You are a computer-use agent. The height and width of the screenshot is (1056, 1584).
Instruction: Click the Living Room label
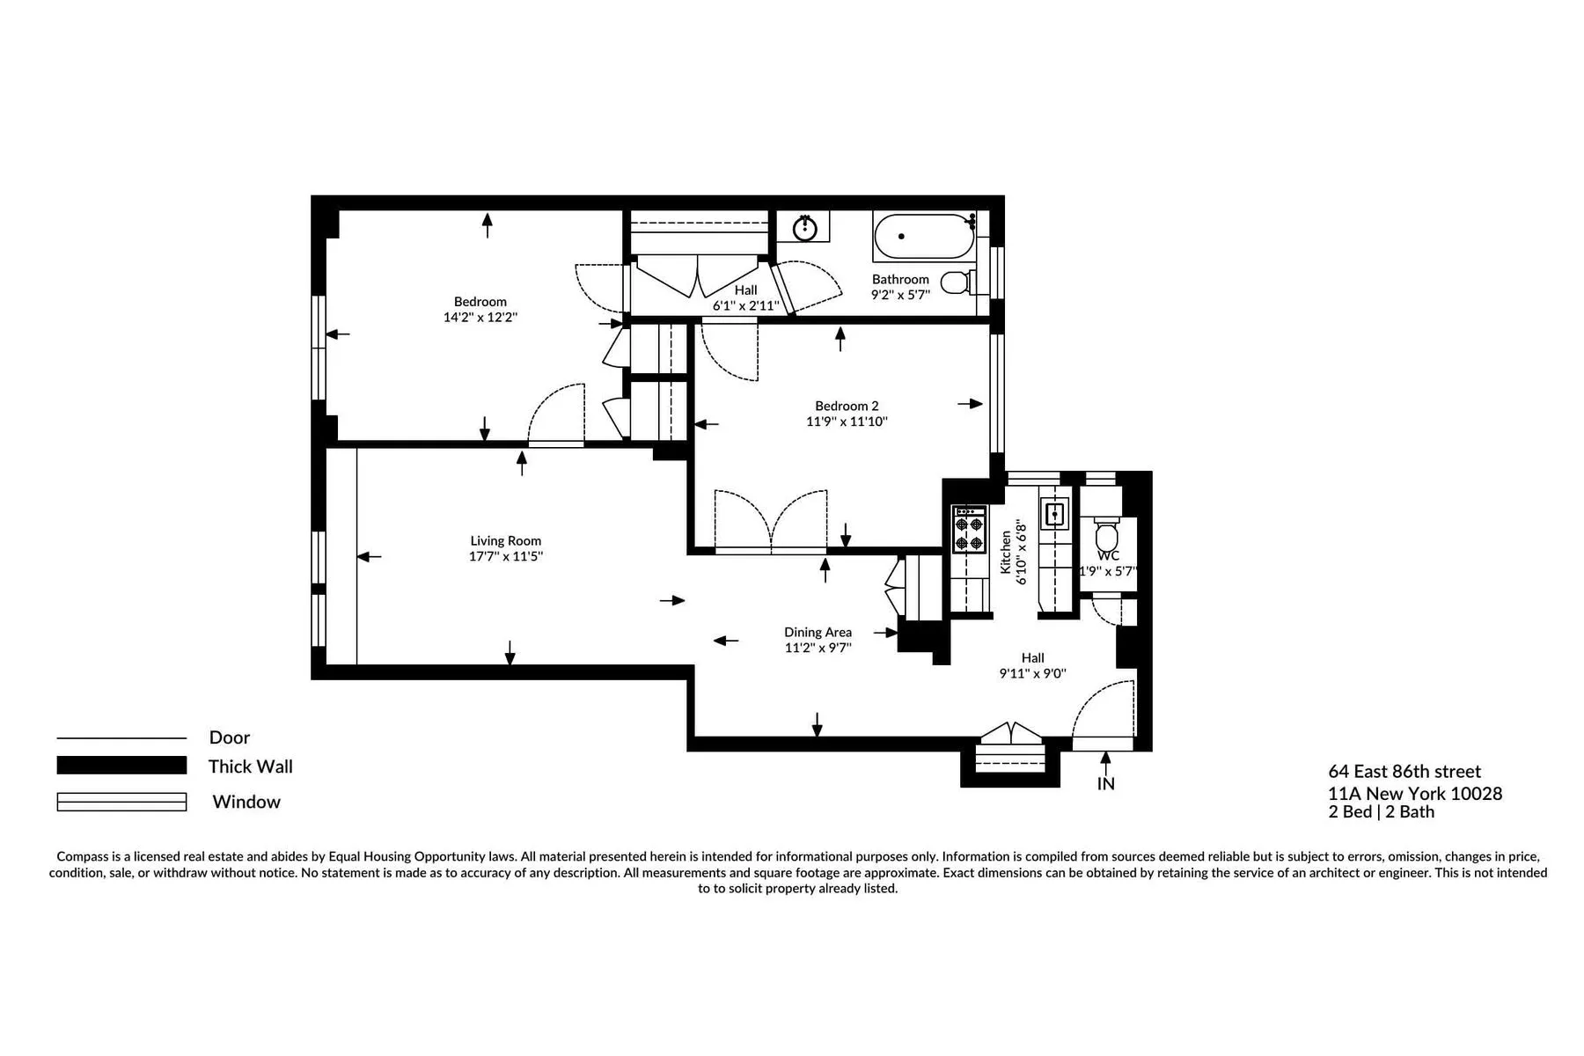(x=505, y=541)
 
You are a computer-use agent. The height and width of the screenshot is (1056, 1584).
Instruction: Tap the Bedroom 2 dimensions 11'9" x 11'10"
(x=847, y=422)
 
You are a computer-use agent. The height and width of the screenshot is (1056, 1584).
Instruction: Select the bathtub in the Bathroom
(x=924, y=236)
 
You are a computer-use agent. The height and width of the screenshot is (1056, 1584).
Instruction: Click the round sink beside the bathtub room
(x=804, y=228)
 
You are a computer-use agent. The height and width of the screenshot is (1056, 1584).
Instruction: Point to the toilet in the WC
(x=1106, y=536)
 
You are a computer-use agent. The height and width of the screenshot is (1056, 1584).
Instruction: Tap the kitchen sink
(x=1053, y=512)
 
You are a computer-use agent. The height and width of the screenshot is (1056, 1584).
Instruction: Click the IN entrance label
(x=1105, y=783)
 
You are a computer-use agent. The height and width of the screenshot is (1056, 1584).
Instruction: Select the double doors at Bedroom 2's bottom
(x=771, y=524)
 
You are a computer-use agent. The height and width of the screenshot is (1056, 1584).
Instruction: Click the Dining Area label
(x=818, y=632)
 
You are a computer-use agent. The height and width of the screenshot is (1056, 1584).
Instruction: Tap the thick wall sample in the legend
(x=121, y=766)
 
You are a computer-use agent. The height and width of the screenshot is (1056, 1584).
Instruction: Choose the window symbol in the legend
(x=121, y=802)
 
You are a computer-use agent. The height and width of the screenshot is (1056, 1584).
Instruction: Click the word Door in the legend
(x=229, y=737)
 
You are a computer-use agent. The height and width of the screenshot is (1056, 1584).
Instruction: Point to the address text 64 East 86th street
(x=1404, y=772)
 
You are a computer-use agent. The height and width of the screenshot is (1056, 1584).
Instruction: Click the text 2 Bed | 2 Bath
(x=1381, y=811)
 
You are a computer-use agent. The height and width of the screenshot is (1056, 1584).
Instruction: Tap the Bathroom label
(x=899, y=279)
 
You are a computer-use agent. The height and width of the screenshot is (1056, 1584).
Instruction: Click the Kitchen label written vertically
(x=1005, y=552)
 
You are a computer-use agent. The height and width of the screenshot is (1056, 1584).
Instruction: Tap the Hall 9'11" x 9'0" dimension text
(x=1032, y=673)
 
